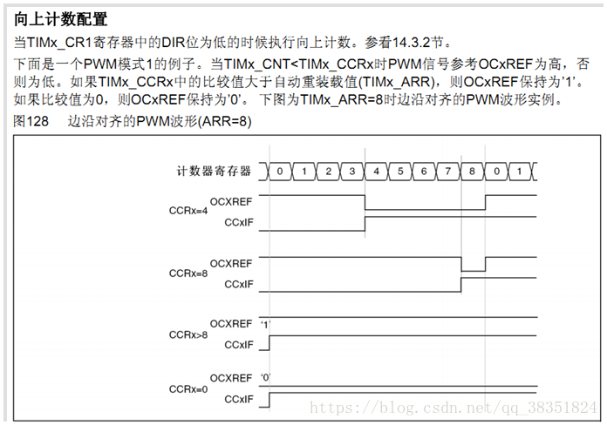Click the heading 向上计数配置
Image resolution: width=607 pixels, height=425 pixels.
[60, 19]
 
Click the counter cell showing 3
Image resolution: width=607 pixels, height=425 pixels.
[351, 172]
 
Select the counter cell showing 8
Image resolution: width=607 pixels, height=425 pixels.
[472, 172]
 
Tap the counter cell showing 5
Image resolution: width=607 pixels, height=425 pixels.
[400, 172]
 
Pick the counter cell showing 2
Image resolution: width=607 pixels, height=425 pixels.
[328, 172]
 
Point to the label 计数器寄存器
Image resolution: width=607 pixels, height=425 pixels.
[214, 171]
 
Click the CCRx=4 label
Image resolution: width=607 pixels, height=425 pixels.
[188, 211]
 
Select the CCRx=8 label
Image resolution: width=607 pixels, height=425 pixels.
[188, 273]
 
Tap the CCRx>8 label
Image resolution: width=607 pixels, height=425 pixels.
[188, 334]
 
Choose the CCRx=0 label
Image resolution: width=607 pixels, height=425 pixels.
[188, 389]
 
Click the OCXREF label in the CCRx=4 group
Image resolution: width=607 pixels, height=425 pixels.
[231, 201]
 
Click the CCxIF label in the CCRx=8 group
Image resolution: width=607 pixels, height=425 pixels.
[239, 284]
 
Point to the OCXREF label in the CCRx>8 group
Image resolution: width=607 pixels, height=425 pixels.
[231, 324]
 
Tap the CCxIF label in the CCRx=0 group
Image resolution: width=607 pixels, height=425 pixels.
[239, 399]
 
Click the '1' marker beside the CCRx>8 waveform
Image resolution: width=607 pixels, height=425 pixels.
[265, 325]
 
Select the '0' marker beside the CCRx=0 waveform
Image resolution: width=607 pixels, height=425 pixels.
[265, 377]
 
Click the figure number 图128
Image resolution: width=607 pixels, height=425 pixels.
[31, 121]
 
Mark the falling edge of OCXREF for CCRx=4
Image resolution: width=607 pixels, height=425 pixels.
[365, 202]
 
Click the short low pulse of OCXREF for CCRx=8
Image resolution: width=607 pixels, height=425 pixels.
[473, 271]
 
